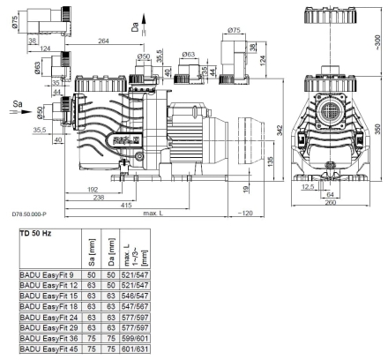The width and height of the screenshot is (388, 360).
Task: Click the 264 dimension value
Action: (x=103, y=41)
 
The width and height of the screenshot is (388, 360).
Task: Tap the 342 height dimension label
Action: (x=280, y=130)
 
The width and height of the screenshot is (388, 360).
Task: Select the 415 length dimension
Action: (x=126, y=205)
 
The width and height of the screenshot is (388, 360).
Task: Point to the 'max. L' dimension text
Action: (x=153, y=213)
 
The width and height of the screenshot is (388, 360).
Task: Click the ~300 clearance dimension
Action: (x=377, y=42)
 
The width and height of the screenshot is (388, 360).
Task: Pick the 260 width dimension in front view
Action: (x=331, y=202)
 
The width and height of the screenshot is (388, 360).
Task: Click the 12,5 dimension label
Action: (x=308, y=186)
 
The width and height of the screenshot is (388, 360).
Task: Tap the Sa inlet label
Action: (x=18, y=104)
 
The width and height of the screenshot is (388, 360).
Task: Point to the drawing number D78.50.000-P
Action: (x=29, y=214)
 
